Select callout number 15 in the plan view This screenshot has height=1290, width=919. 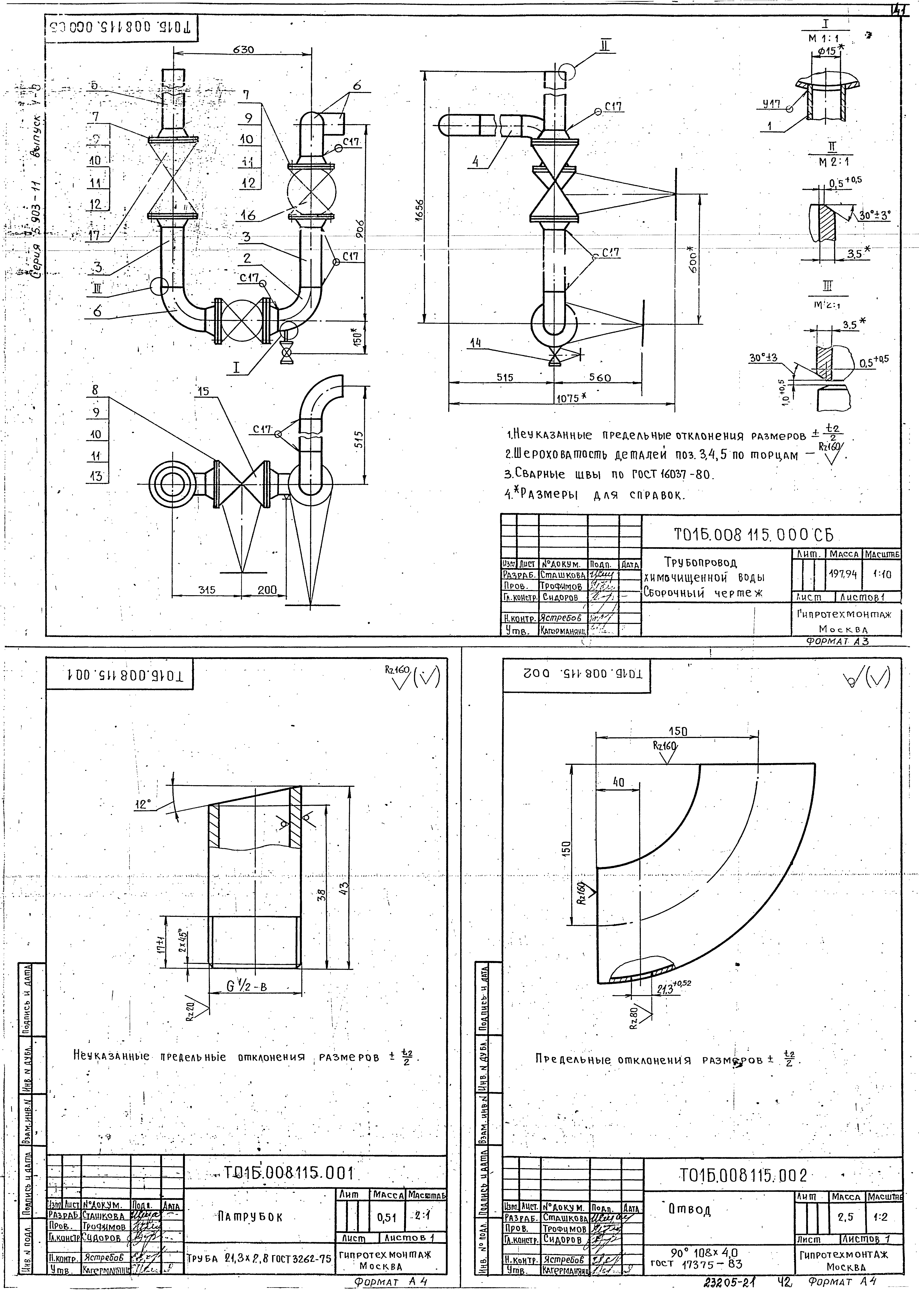[203, 391]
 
